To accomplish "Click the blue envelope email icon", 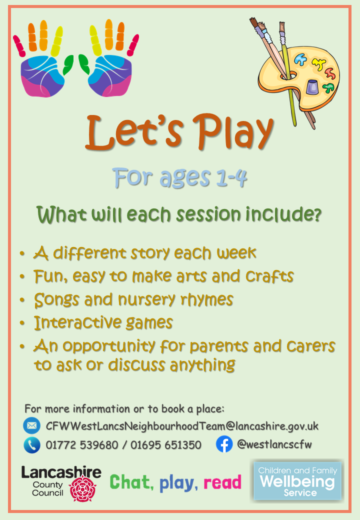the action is pyautogui.click(x=32, y=425).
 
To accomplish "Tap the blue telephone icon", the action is pyautogui.click(x=32, y=444).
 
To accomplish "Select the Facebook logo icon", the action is pyautogui.click(x=224, y=444).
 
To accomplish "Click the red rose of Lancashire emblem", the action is pyautogui.click(x=83, y=488).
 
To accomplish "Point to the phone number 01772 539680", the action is pyautogui.click(x=82, y=444).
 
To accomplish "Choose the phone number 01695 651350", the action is pyautogui.click(x=165, y=444).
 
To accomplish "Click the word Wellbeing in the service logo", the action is pyautogui.click(x=297, y=481).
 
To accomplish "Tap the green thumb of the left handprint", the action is pyautogui.click(x=68, y=64).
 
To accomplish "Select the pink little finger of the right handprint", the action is pyautogui.click(x=133, y=45).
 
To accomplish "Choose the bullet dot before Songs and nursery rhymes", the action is pyautogui.click(x=22, y=300).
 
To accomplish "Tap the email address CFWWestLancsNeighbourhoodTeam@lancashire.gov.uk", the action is pyautogui.click(x=182, y=426).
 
